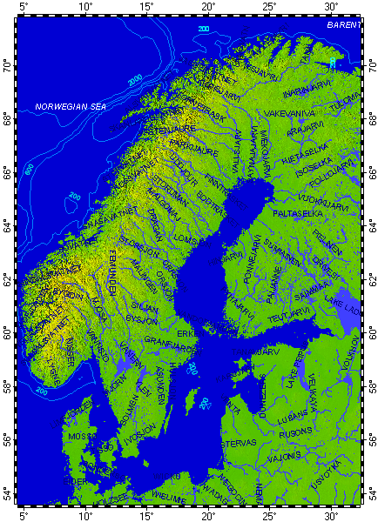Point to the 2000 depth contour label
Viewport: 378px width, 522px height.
point(135,80)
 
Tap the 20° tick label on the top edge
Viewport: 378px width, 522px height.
point(209,7)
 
